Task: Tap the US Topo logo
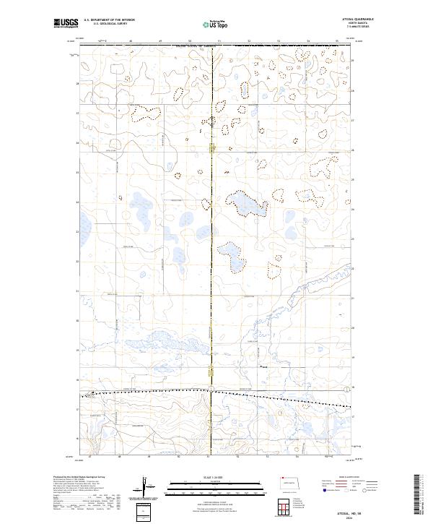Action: click(216, 23)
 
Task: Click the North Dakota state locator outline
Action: click(289, 483)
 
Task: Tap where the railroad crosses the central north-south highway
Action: click(210, 391)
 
